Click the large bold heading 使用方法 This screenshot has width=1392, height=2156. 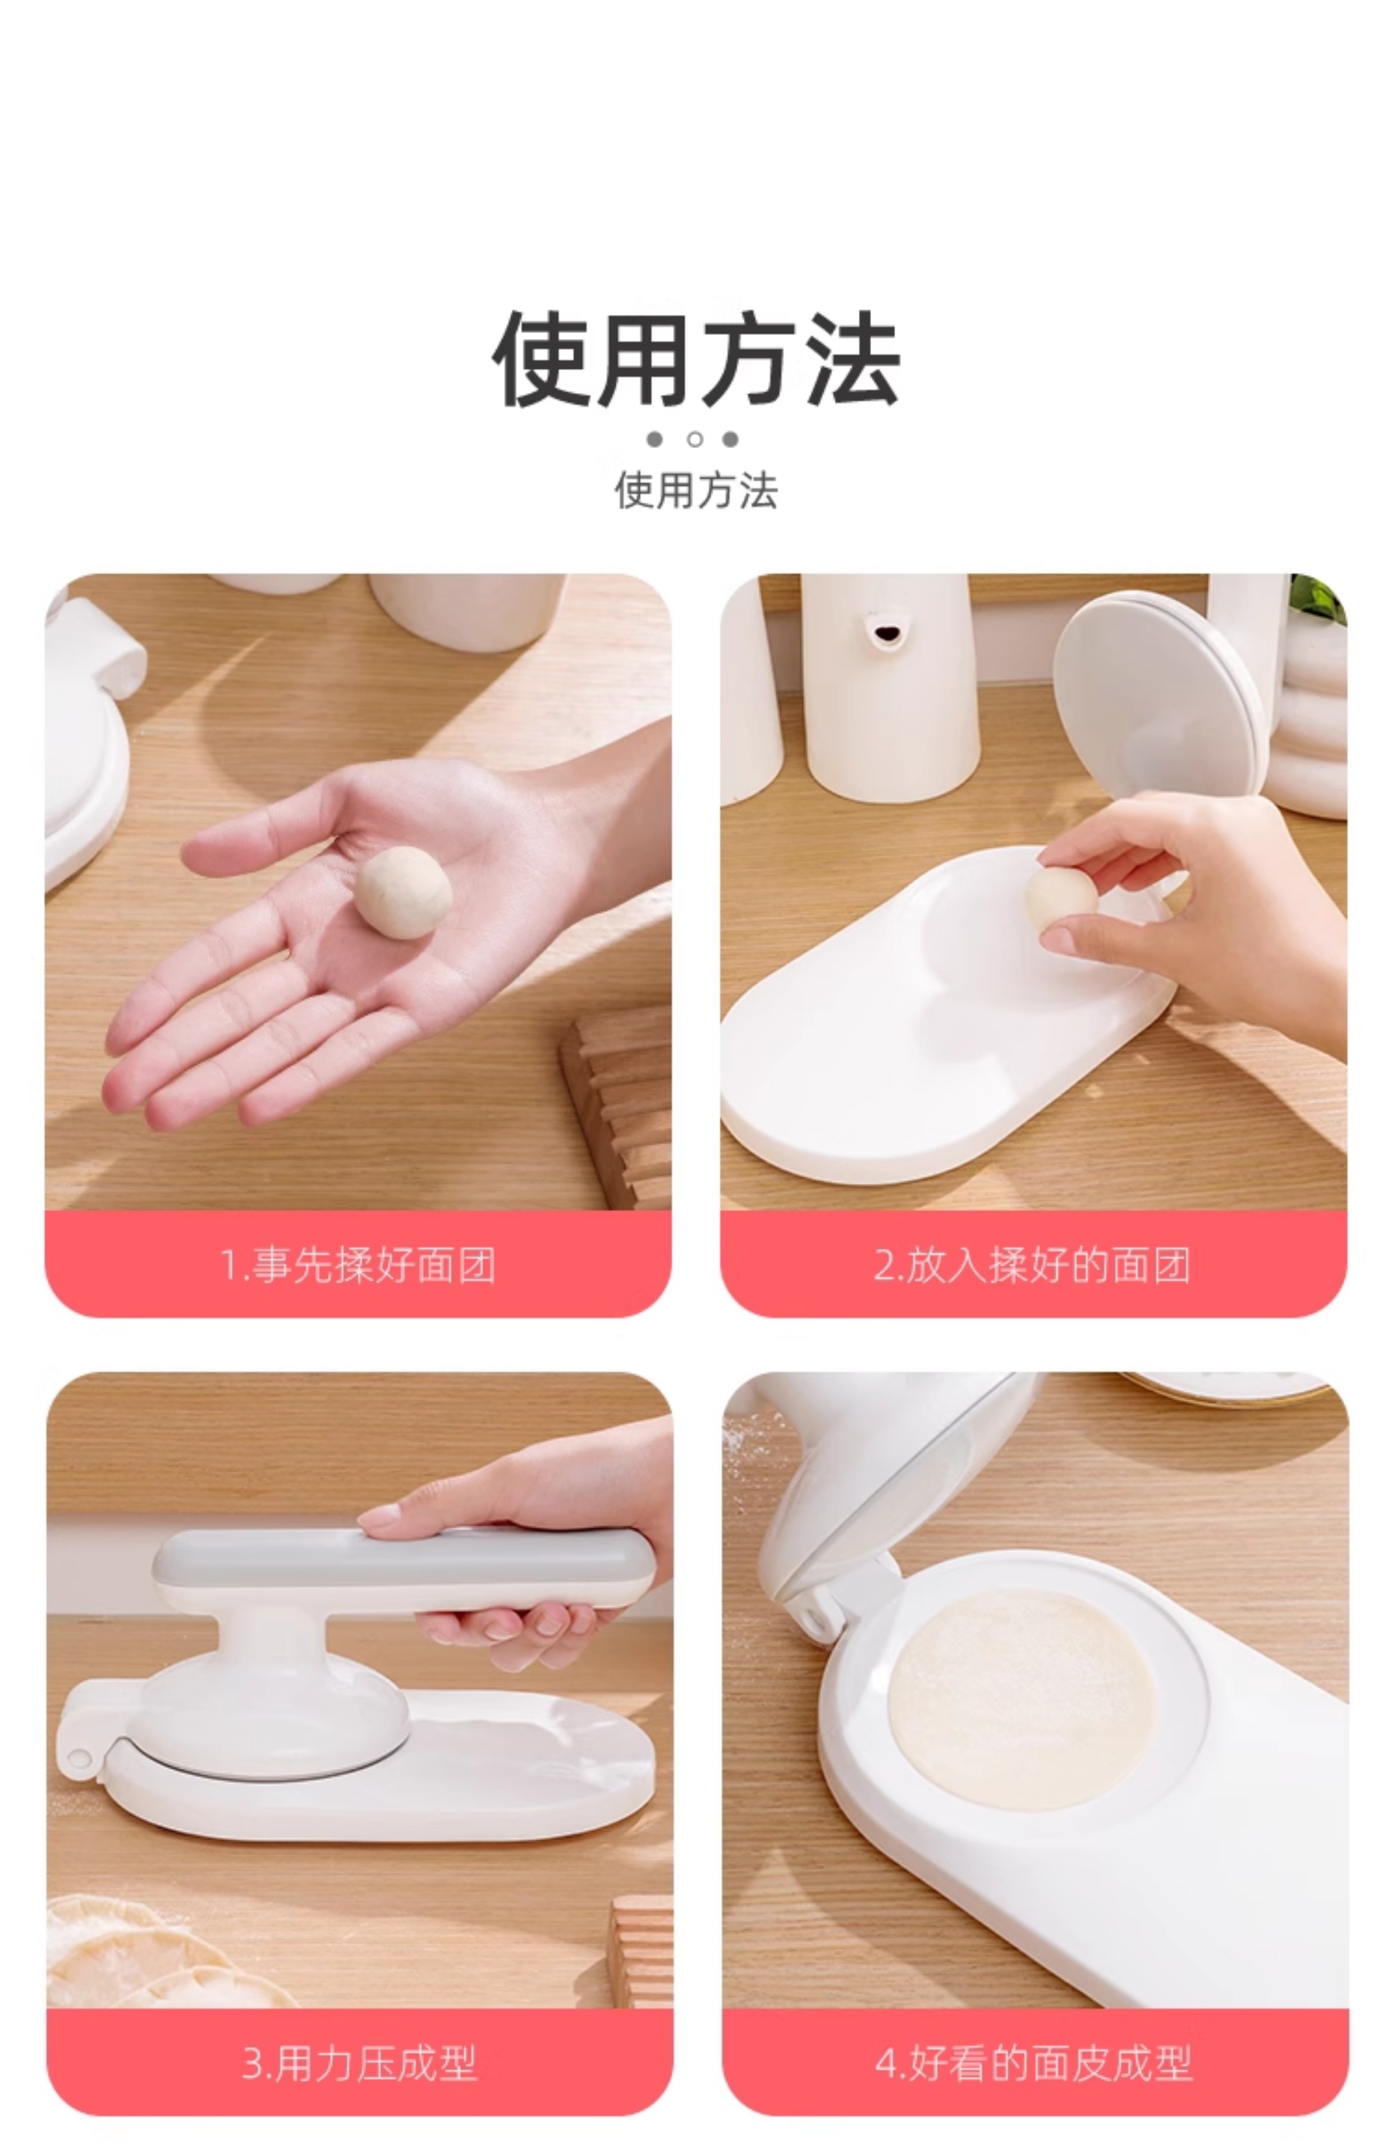(x=696, y=359)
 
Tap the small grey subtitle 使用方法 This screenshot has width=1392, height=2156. (x=696, y=491)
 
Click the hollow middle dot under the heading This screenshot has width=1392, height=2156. (x=695, y=439)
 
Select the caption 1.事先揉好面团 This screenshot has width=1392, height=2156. (x=358, y=1264)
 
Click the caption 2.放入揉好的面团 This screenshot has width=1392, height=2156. (x=1032, y=1264)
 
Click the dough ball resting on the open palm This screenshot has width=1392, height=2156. (x=403, y=892)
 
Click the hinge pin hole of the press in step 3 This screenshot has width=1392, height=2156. (x=80, y=1758)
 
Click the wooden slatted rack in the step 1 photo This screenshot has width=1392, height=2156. (x=616, y=1107)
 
